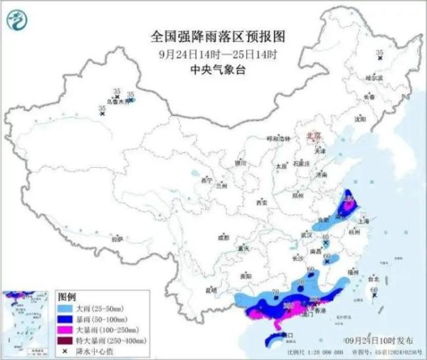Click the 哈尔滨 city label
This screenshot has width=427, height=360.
(374, 77)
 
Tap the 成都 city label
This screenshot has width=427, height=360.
(224, 237)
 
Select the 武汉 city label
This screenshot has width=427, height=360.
(307, 234)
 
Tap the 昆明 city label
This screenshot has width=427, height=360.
(211, 290)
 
